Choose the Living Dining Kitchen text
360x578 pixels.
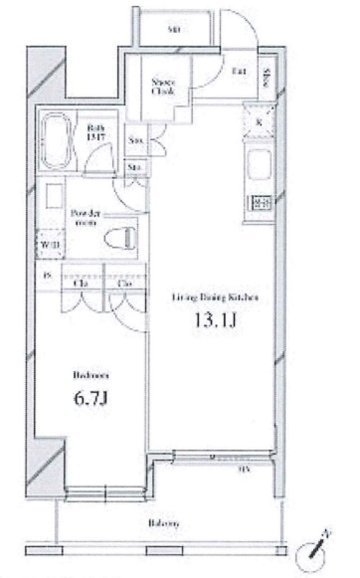tap(215, 297)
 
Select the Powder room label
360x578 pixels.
tap(86, 217)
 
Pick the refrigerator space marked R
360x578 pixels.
tap(259, 121)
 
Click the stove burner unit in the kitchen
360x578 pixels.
tap(260, 203)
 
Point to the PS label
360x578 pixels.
tap(47, 276)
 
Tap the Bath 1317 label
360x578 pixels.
tap(95, 132)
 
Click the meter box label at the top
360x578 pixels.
tap(173, 30)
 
